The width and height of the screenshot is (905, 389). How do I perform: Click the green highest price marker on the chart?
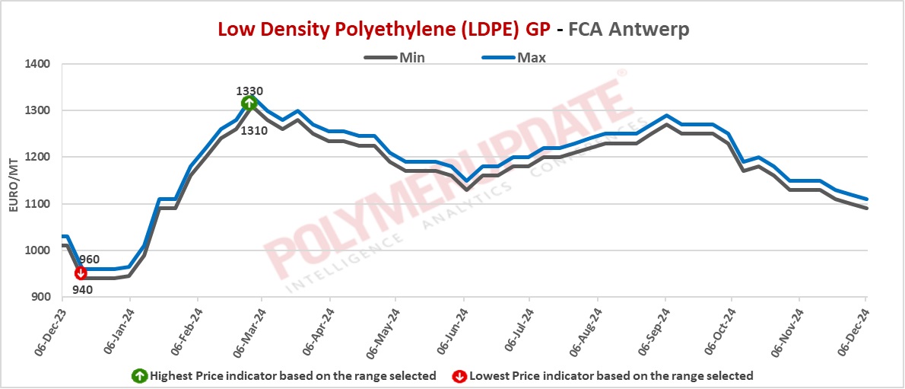pyautogui.click(x=249, y=104)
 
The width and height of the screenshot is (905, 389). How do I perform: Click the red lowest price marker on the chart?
pyautogui.click(x=81, y=273)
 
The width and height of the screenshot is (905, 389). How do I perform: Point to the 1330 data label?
pyautogui.click(x=249, y=91)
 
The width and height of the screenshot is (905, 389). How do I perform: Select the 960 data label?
pyautogui.click(x=89, y=259)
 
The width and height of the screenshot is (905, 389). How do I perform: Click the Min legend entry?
pyautogui.click(x=411, y=57)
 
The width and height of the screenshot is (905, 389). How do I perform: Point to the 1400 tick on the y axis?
pyautogui.click(x=37, y=64)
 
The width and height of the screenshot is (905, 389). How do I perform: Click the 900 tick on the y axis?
pyautogui.click(x=40, y=297)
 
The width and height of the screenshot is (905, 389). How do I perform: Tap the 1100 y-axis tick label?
pyautogui.click(x=37, y=204)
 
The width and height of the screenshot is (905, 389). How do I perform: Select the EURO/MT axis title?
pyautogui.click(x=13, y=180)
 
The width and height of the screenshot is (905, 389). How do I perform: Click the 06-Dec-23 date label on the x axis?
pyautogui.click(x=52, y=332)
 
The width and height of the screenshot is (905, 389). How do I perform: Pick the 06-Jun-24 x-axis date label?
pyautogui.click(x=453, y=332)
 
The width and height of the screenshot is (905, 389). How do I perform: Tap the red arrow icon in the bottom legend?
pyautogui.click(x=459, y=375)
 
